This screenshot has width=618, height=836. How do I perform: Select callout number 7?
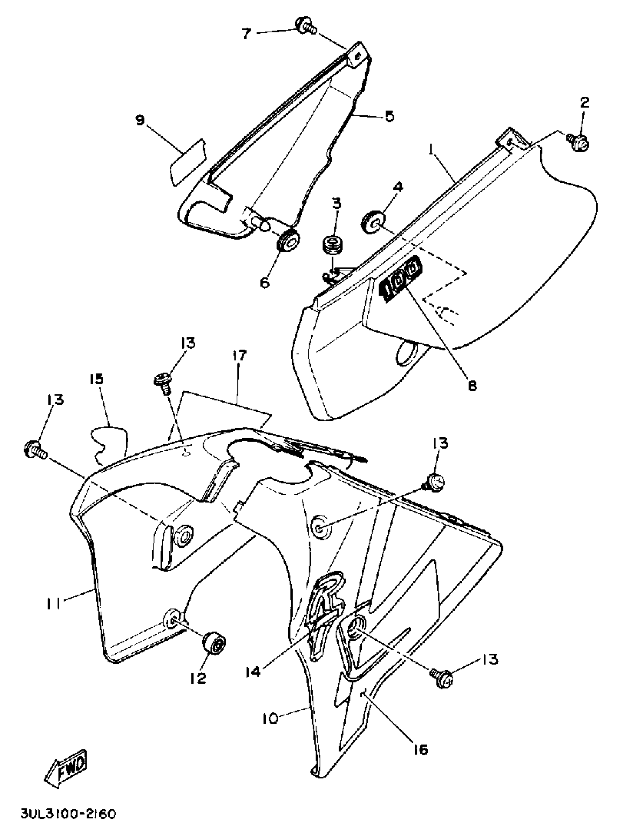click(x=245, y=33)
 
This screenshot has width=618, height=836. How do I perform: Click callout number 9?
click(x=140, y=121)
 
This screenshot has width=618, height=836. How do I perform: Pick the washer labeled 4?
click(x=372, y=221)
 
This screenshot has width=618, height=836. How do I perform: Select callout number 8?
click(x=473, y=385)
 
